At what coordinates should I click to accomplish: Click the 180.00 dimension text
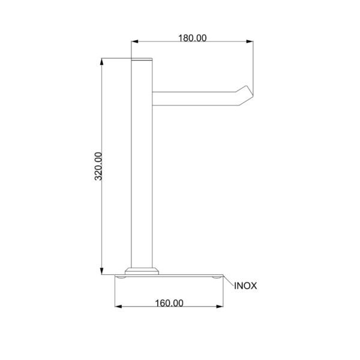pyautogui.click(x=193, y=38)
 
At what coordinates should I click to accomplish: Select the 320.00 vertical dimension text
pyautogui.click(x=98, y=166)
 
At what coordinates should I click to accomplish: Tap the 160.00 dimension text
pyautogui.click(x=169, y=303)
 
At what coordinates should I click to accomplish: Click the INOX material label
pyautogui.click(x=245, y=286)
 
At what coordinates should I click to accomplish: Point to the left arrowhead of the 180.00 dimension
pyautogui.click(x=134, y=41)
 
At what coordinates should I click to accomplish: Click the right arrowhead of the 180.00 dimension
pyautogui.click(x=250, y=41)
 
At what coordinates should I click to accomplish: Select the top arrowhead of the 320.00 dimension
pyautogui.click(x=102, y=62)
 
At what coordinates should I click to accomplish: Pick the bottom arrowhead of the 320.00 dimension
pyautogui.click(x=102, y=271)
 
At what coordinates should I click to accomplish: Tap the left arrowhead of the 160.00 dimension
pyautogui.click(x=118, y=307)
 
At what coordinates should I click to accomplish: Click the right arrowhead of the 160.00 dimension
pyautogui.click(x=220, y=307)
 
